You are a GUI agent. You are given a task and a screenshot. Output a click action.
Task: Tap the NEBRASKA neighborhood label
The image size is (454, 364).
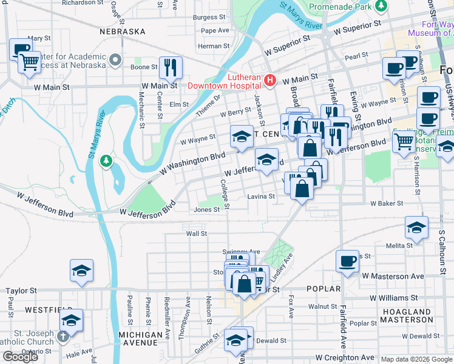pyautogui.click(x=123, y=31)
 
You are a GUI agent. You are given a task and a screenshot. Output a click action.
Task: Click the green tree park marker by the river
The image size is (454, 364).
pyautogui.click(x=107, y=160)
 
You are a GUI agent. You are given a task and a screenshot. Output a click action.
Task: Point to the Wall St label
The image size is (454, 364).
pyautogui.click(x=196, y=233)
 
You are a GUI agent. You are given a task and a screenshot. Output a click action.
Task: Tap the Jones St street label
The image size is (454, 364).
pyautogui.click(x=206, y=210)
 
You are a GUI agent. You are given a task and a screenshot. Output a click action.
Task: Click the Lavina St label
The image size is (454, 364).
pyautogui.click(x=261, y=197)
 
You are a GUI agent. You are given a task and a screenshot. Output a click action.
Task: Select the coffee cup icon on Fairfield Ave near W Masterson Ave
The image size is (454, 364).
pyautogui.click(x=347, y=261)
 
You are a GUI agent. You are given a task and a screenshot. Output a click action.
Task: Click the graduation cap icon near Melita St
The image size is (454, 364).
pyautogui.click(x=416, y=227)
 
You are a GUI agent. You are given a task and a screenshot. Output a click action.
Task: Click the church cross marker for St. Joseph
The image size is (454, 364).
pyautogui.click(x=62, y=335)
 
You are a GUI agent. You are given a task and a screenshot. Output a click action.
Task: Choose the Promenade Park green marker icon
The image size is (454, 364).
pyautogui.click(x=381, y=7)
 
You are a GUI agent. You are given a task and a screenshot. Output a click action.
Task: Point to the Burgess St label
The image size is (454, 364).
pyautogui.click(x=209, y=18)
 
